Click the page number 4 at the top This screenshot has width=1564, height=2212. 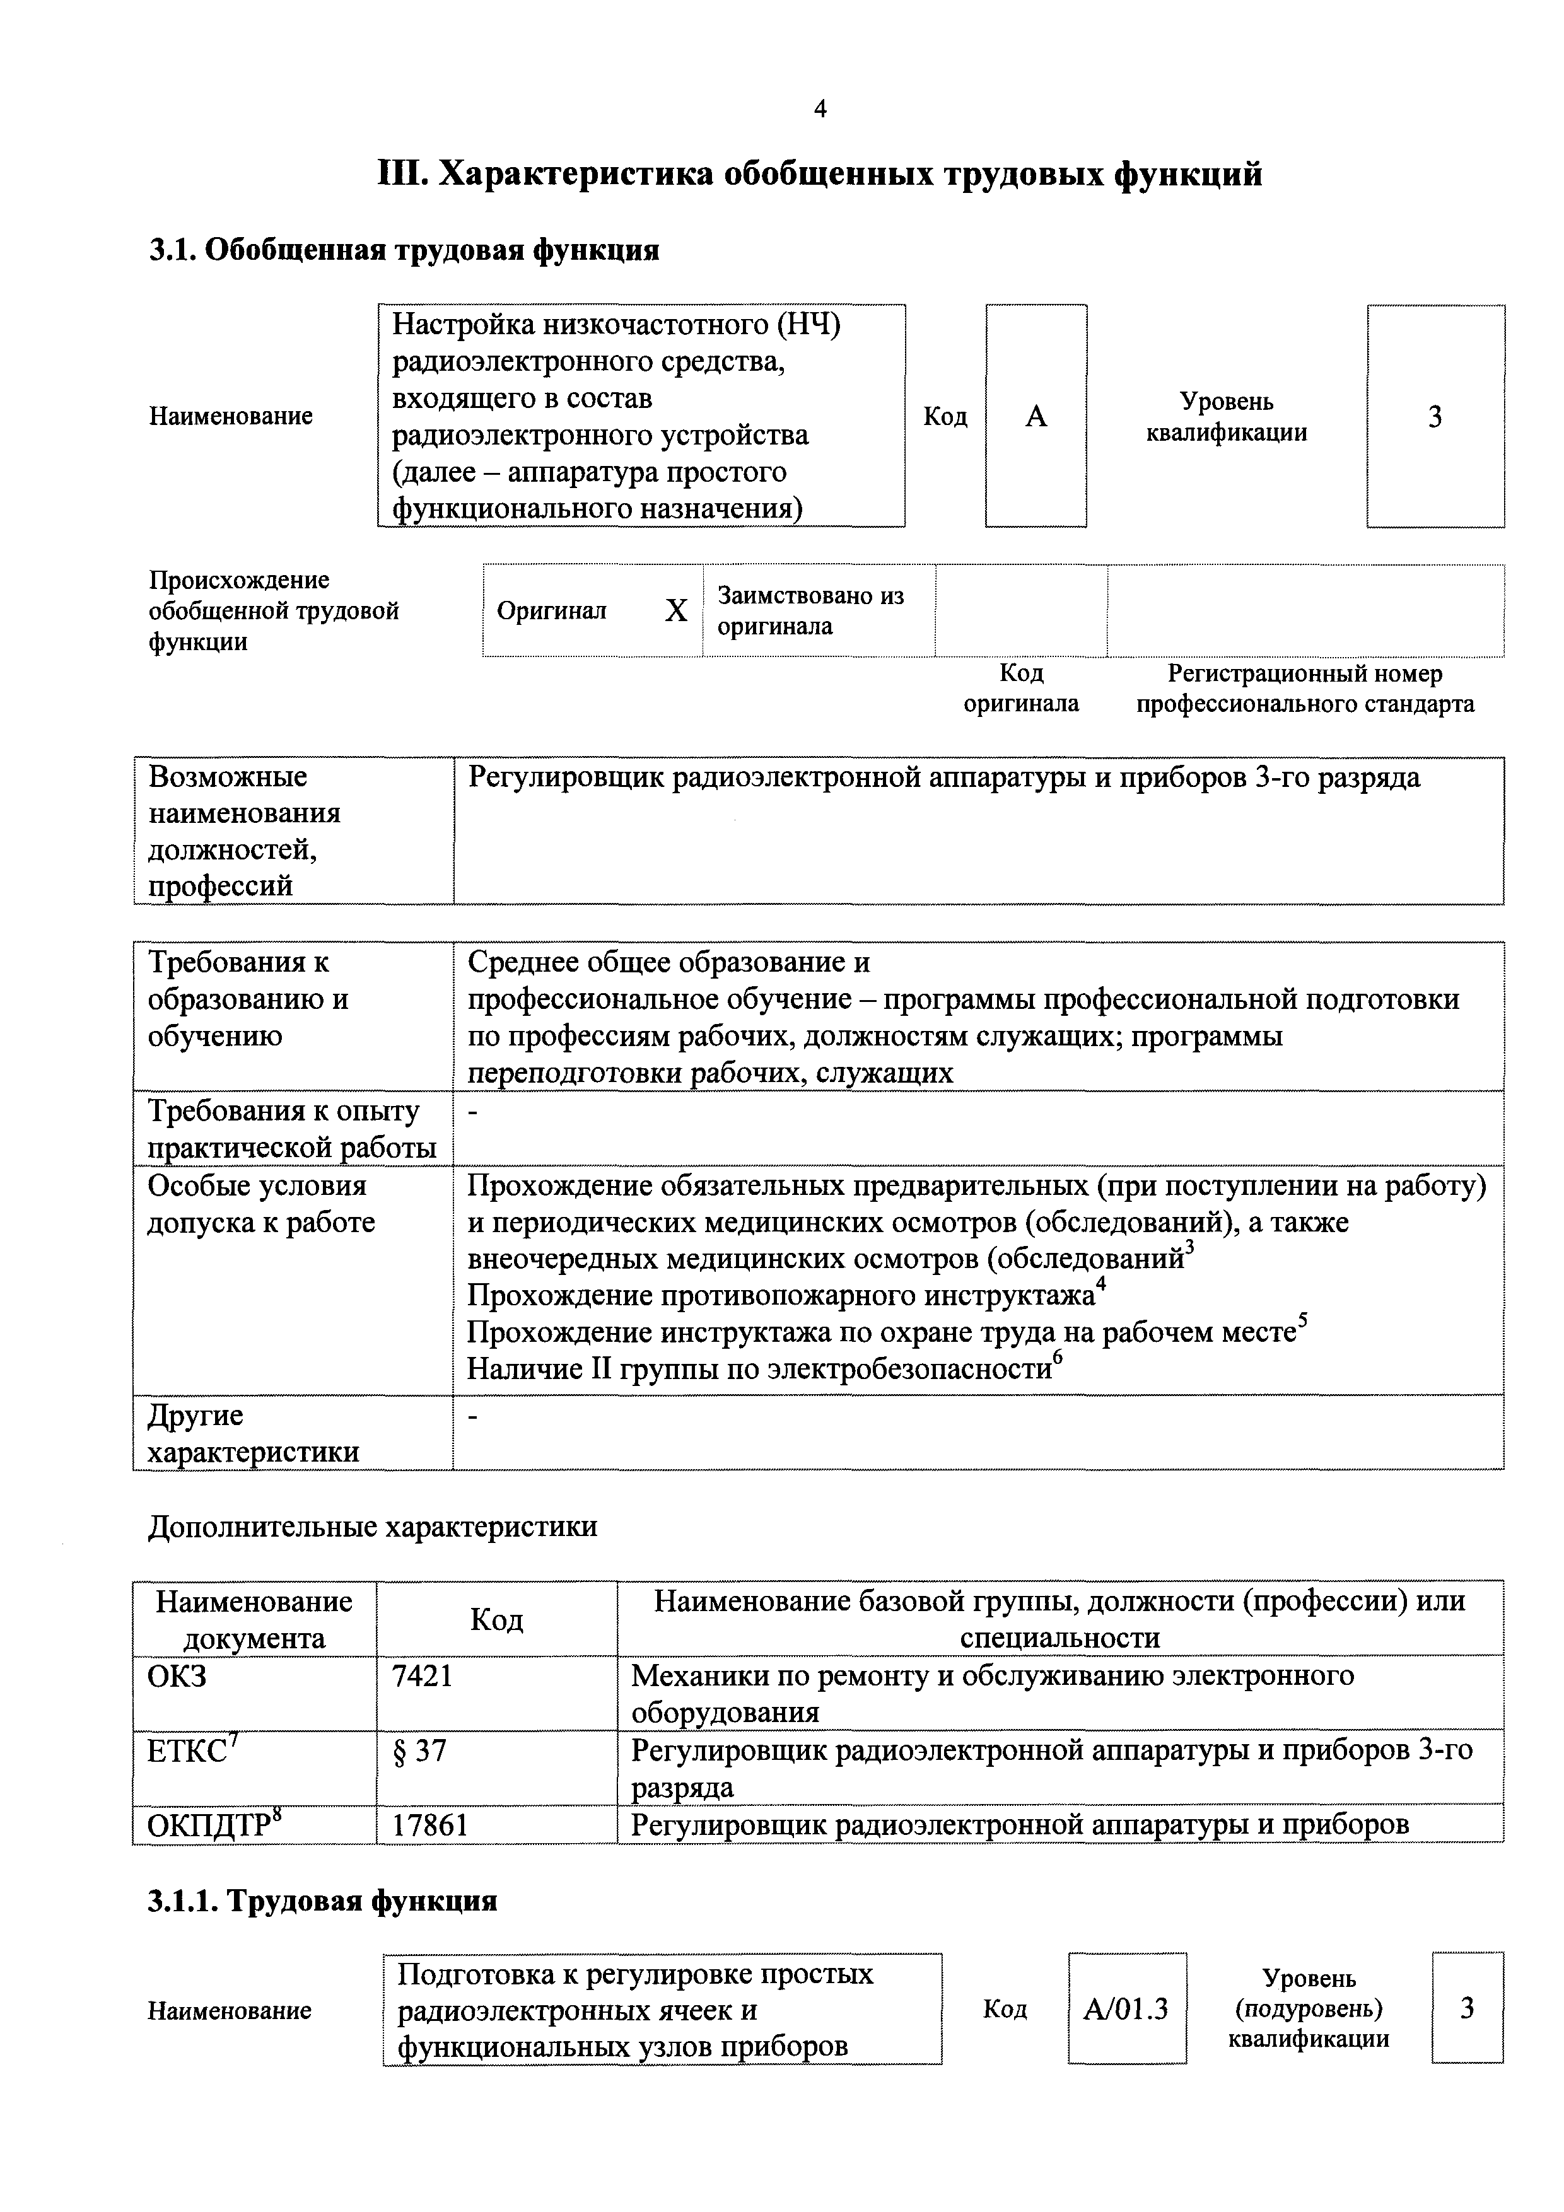820,110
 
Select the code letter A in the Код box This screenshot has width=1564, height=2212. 1036,416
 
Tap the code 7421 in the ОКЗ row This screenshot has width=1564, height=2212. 422,1677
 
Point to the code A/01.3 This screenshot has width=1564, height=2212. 1126,2009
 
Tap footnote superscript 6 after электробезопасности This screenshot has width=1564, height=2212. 1057,1358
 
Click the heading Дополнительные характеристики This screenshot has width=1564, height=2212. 372,1526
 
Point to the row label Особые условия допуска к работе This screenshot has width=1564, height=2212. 260,1204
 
